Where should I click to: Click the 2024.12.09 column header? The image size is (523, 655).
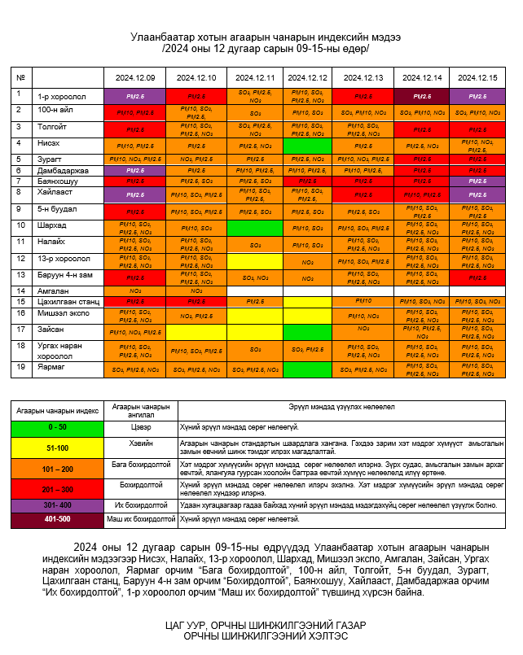134,77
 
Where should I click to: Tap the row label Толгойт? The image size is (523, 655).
51,127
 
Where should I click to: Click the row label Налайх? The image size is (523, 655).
50,242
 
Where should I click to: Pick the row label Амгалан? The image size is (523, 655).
51,290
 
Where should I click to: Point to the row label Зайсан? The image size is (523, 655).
50,330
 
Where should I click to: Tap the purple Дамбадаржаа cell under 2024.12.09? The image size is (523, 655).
134,170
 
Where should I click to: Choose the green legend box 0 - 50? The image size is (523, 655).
57,426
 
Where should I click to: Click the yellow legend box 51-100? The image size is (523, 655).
57,447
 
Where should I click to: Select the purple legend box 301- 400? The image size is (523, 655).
57,504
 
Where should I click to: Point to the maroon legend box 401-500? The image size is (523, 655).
57,518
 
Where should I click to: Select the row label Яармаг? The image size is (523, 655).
50,366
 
